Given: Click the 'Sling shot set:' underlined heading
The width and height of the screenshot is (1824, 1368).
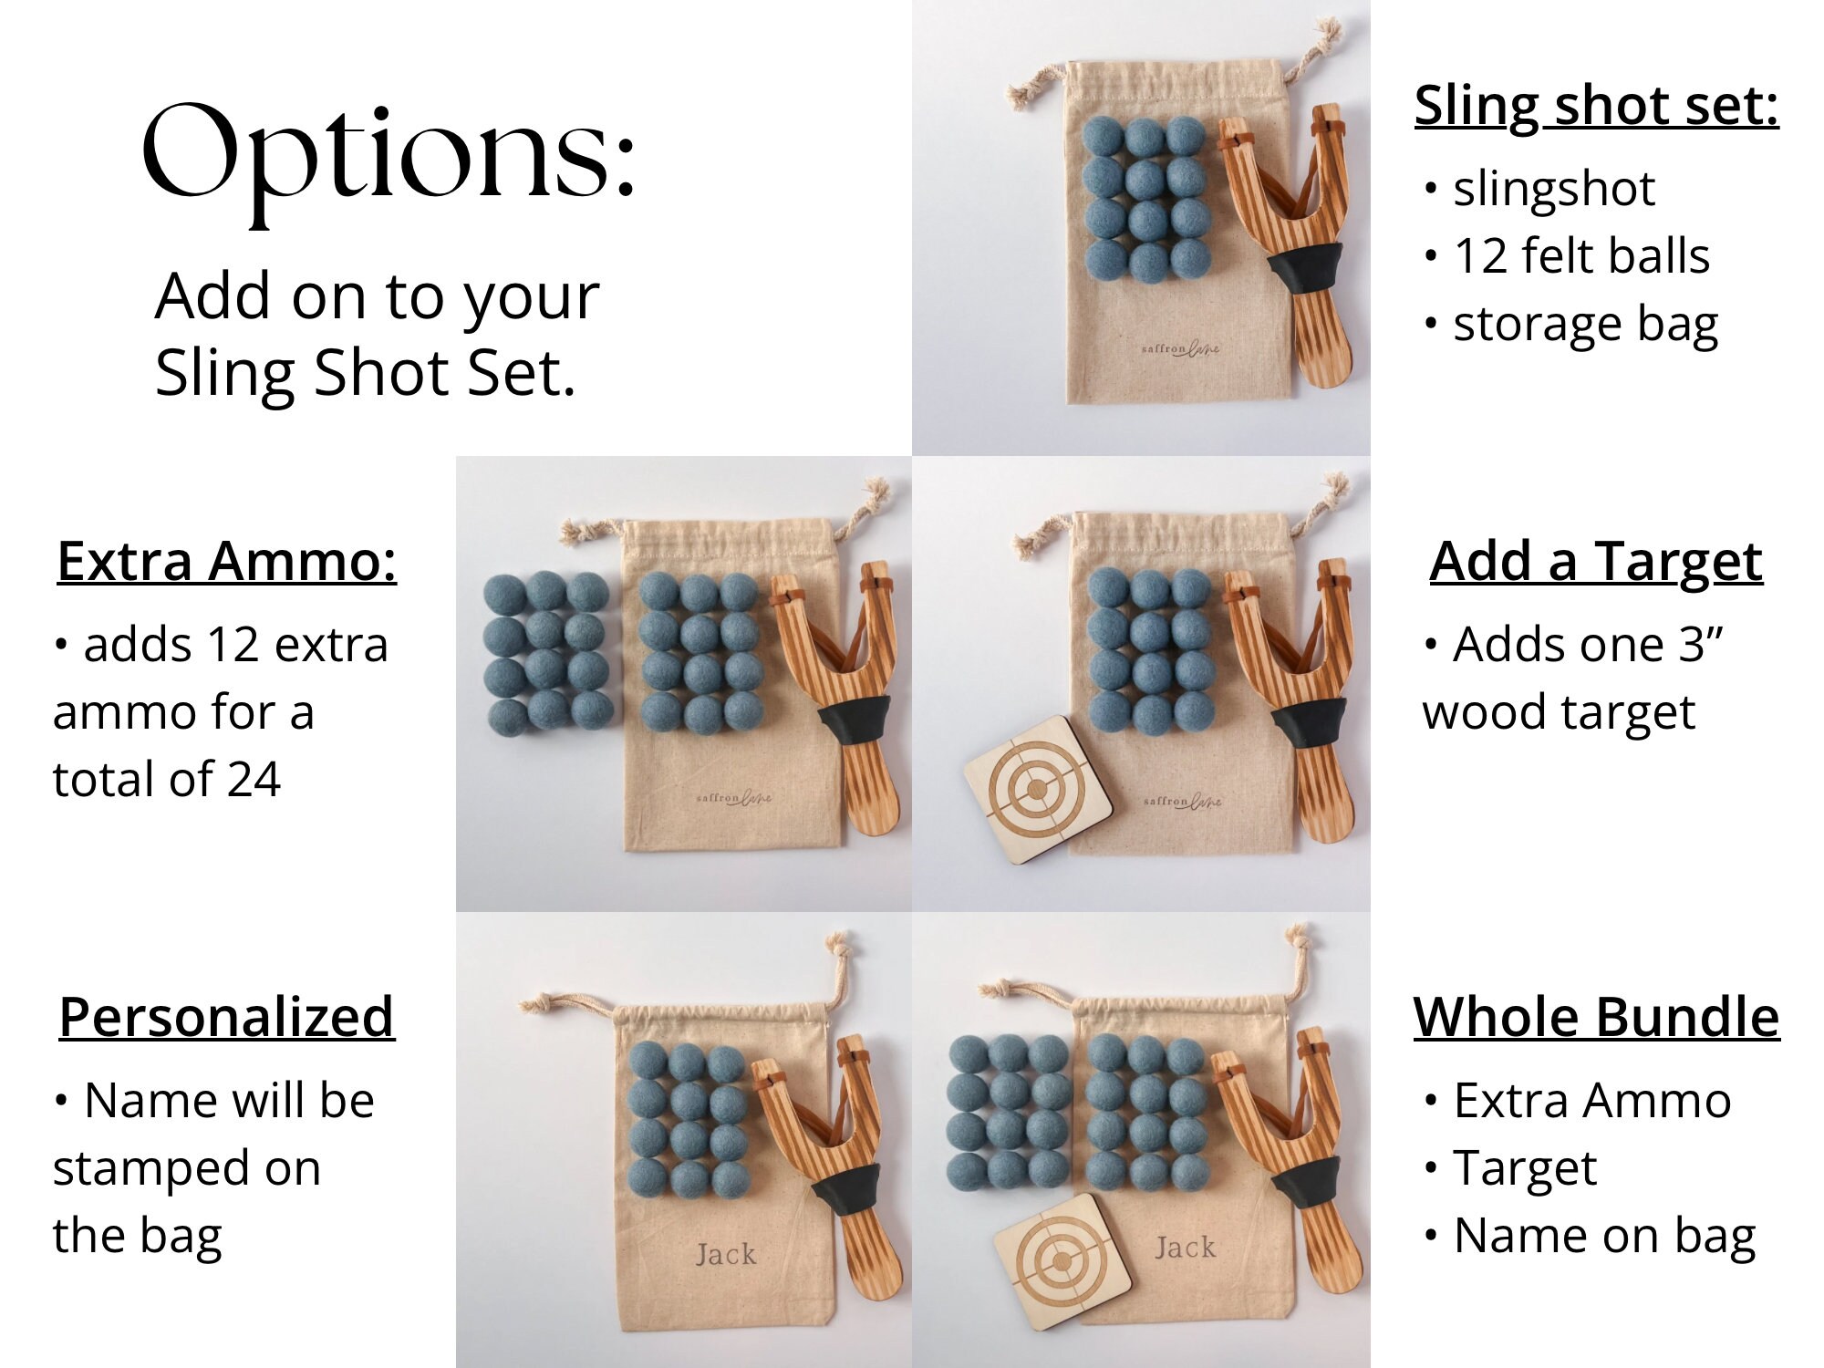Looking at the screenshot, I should coord(1596,106).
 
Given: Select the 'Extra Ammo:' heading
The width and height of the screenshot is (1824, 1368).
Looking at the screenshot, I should coord(226,561).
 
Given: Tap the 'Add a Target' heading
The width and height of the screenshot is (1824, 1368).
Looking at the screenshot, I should coord(1595,561).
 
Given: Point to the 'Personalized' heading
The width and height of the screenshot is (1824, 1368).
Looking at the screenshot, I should coord(226,1017).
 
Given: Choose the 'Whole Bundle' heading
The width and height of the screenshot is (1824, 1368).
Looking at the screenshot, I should coord(1596,1017).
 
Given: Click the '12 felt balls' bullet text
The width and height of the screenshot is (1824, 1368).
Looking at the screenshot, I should coord(1580,256).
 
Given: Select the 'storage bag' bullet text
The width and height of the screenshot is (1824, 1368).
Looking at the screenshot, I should coord(1585,325).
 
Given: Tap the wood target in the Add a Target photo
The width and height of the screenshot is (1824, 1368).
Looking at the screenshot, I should coord(1037,789).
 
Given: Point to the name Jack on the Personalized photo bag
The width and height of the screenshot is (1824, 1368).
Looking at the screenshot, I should coord(726,1254).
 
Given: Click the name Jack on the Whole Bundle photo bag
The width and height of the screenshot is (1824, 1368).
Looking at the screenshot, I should coord(1185,1247).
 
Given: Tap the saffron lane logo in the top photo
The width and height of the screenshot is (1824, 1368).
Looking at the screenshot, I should coord(1180,348).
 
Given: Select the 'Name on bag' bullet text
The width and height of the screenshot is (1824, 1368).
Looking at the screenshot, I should coord(1603,1236).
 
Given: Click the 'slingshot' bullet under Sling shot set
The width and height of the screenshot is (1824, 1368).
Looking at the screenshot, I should coord(1553,190).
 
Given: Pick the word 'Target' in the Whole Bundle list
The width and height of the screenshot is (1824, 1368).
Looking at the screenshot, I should coord(1525,1168).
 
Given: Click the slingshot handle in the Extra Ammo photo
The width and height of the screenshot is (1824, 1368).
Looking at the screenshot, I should coord(872,784).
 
